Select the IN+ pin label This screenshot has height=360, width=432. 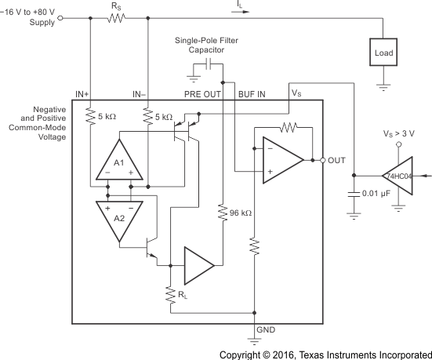(x=85, y=94)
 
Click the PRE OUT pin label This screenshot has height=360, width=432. (x=201, y=94)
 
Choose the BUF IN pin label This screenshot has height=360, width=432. (x=252, y=94)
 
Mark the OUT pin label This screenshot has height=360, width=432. (x=336, y=160)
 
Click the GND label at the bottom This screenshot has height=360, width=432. (x=266, y=332)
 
